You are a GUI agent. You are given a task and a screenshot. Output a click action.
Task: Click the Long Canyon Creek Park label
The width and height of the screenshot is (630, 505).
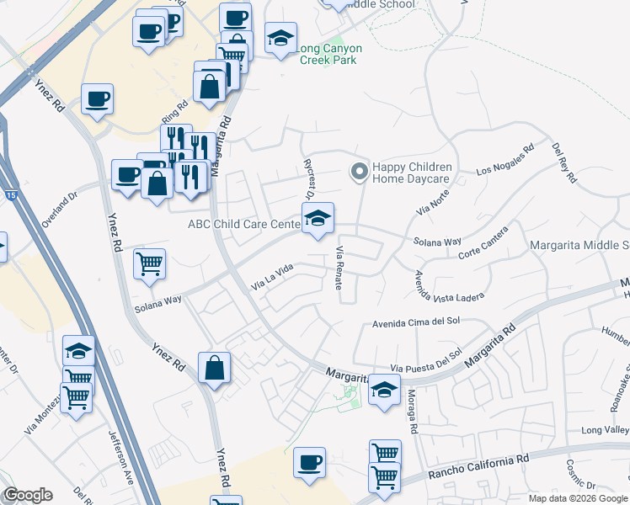pyautogui.click(x=326, y=54)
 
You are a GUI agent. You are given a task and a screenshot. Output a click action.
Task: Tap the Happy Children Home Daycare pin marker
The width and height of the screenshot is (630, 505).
pyautogui.click(x=360, y=172)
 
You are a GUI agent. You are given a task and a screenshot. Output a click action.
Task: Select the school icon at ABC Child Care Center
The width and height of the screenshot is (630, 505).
pyautogui.click(x=318, y=218)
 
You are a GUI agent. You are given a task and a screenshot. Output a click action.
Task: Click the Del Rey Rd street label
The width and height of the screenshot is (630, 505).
pyautogui.click(x=564, y=162)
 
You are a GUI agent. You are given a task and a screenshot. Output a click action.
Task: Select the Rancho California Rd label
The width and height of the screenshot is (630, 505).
pyautogui.click(x=478, y=465)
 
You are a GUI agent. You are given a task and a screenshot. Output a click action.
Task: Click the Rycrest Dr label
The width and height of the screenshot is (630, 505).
pyautogui.click(x=308, y=172)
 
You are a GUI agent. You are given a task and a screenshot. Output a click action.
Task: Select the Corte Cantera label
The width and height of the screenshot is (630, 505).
pyautogui.click(x=484, y=242)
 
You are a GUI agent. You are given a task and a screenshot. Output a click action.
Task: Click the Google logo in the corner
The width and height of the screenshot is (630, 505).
pyautogui.click(x=27, y=496)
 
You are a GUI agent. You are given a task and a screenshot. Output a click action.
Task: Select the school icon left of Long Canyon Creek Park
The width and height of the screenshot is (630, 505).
pyautogui.click(x=280, y=38)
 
